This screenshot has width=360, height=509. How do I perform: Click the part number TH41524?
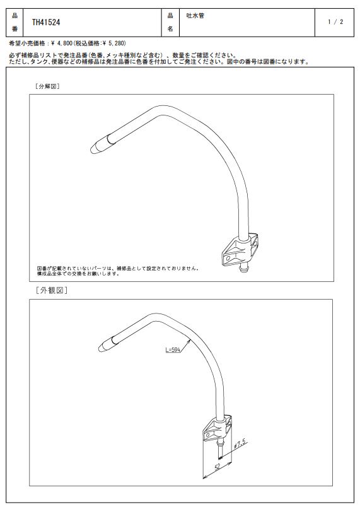tap(46, 22)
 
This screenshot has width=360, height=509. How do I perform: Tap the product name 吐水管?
tap(195, 15)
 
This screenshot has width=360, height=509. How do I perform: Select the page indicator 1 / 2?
tap(335, 21)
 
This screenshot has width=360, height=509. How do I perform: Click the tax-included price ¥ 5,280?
tap(114, 43)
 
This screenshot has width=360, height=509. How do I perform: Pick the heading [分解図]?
tap(47, 86)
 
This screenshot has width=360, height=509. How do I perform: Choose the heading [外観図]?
tap(52, 290)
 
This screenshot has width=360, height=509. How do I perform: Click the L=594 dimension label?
tap(173, 349)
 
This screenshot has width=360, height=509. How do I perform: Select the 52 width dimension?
tap(218, 467)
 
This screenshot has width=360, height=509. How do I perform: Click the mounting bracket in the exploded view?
tap(240, 250)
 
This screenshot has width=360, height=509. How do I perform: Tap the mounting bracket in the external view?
tap(218, 428)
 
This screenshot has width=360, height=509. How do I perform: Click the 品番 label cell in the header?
tap(15, 23)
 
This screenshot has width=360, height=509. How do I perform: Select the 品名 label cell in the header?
tap(170, 23)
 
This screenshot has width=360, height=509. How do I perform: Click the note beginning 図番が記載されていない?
tap(118, 271)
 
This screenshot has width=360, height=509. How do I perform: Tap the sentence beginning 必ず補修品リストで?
tap(124, 56)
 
